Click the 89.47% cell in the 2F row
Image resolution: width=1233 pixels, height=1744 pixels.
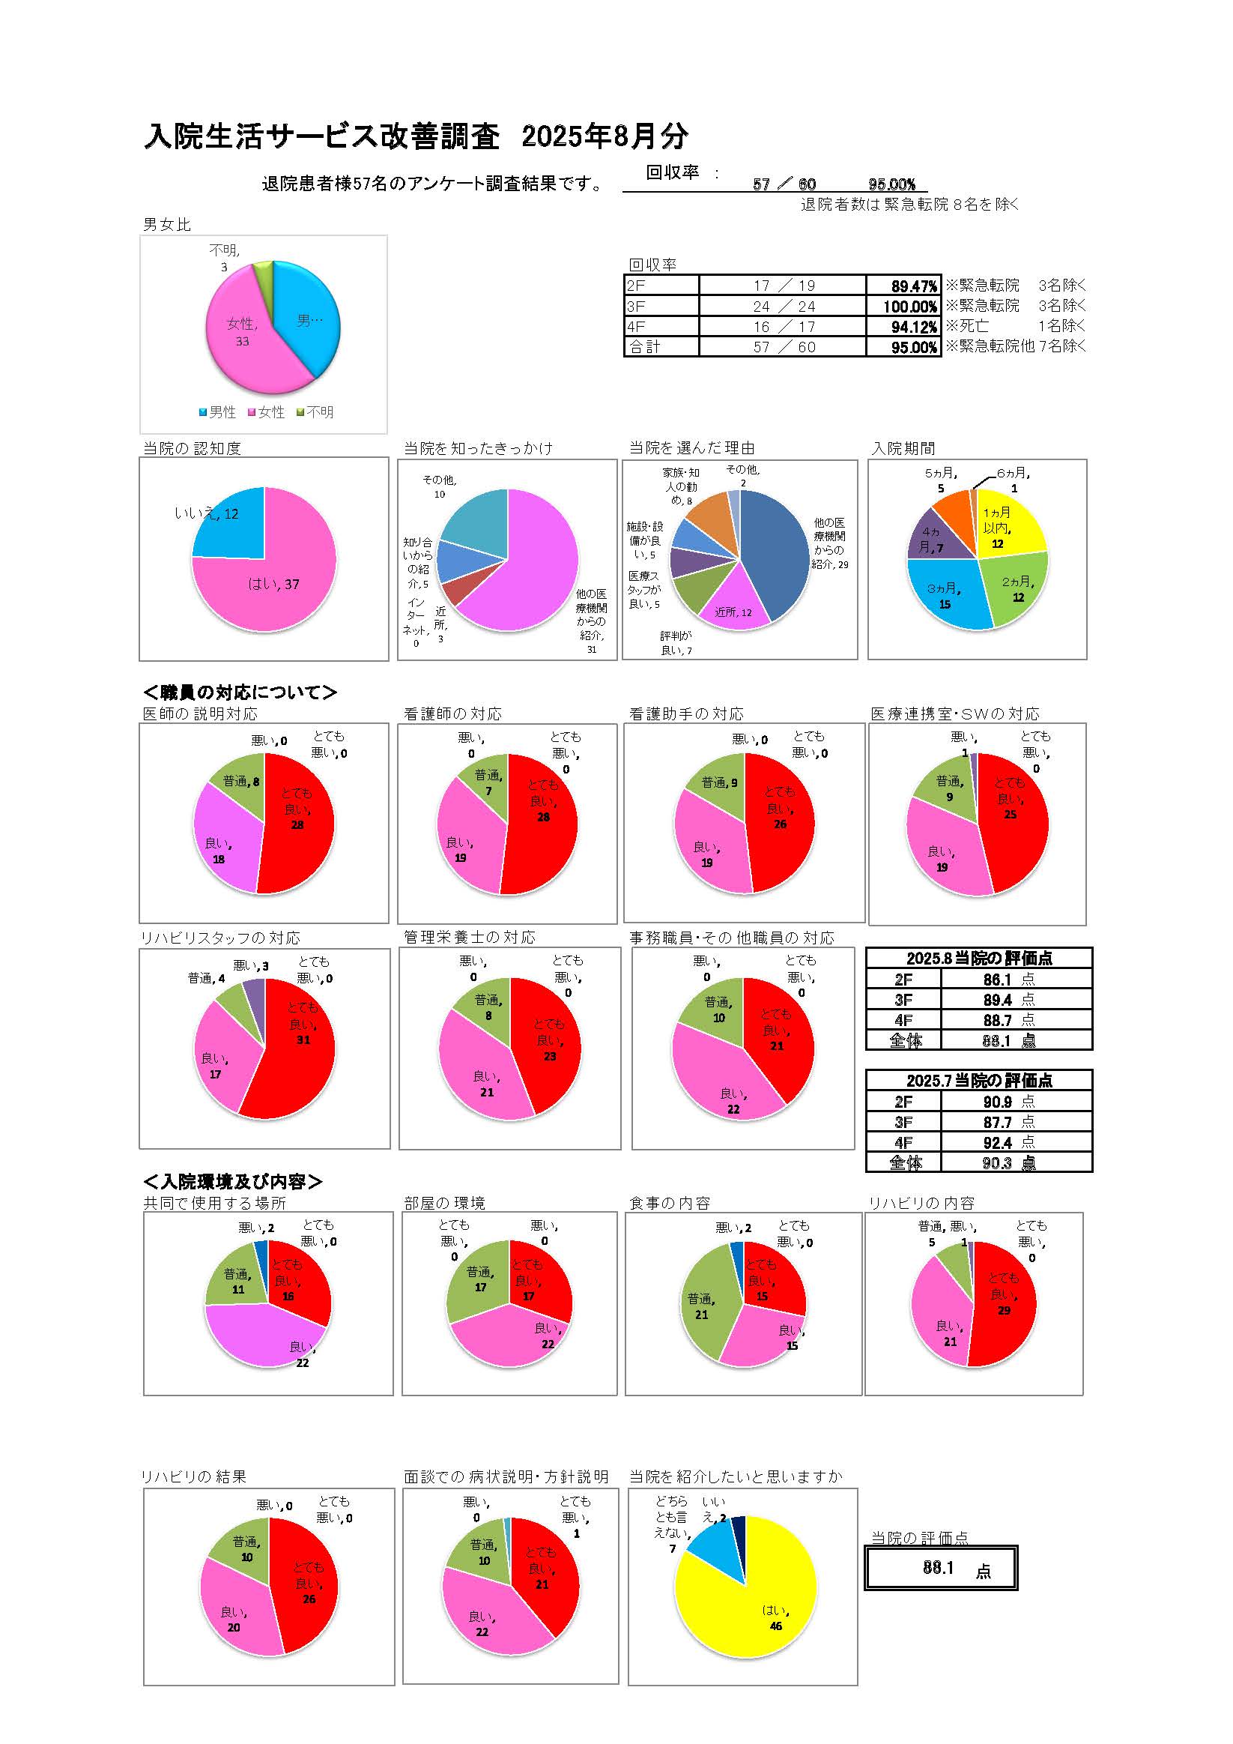coord(903,286)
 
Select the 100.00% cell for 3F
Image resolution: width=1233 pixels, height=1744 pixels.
coord(903,306)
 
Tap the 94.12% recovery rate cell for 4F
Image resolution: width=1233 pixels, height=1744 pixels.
coord(903,327)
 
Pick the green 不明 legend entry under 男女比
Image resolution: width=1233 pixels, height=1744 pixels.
coord(315,411)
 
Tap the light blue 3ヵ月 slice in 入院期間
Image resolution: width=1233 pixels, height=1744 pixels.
coord(945,593)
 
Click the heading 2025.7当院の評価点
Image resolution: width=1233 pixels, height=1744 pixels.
coord(978,1080)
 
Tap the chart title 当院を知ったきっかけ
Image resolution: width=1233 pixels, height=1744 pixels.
coord(478,448)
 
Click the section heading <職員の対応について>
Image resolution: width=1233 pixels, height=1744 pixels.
coord(240,692)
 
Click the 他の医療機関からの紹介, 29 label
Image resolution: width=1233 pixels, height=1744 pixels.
coord(830,543)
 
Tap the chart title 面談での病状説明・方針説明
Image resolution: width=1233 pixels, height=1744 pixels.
coord(506,1477)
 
